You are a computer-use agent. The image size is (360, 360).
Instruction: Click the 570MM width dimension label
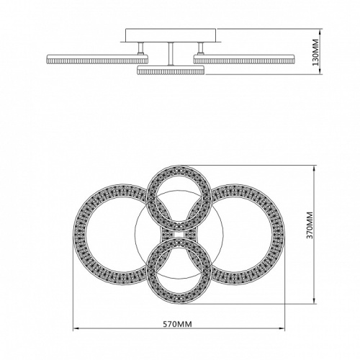(178, 324)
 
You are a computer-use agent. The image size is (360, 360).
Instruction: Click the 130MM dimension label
(316, 53)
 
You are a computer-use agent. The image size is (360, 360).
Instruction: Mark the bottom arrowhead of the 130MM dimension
(320, 71)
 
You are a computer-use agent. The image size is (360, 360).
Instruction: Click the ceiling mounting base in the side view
(171, 35)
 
